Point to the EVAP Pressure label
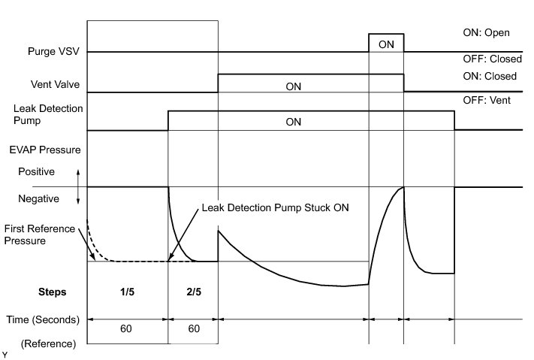coord(47,150)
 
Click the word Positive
coord(38,172)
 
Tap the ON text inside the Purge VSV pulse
coord(386,44)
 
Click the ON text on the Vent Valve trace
coord(294,86)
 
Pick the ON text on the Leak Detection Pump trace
coord(294,122)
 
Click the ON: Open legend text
coord(487,33)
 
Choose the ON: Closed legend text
coord(490,76)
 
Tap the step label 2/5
coord(193,292)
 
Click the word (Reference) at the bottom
coord(47,343)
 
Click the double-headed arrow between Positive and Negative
coord(78,186)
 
